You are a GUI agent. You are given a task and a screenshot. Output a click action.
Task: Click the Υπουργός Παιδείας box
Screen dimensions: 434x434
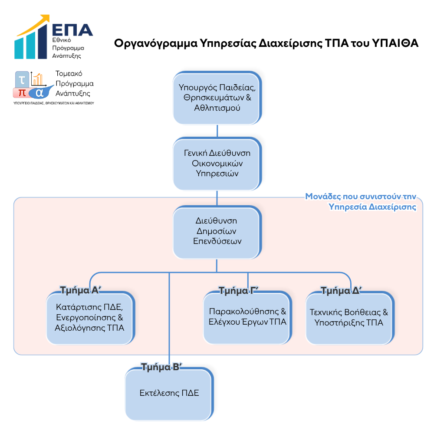(217, 98)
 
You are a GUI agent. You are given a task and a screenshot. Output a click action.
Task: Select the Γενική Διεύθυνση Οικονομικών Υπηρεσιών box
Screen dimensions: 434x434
(217, 164)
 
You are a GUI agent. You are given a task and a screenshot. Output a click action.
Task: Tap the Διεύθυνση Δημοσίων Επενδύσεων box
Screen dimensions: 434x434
(217, 232)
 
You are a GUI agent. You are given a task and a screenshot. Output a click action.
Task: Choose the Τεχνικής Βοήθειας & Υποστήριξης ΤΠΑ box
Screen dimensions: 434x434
(350, 318)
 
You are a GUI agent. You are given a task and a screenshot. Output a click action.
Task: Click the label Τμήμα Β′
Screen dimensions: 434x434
(161, 367)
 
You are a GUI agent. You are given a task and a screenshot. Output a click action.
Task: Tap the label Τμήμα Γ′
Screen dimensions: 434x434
(238, 291)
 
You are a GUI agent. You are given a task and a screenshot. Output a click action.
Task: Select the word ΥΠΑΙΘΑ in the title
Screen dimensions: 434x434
(395, 43)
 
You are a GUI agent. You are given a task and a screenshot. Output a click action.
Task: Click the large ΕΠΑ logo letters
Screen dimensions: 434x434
(72, 30)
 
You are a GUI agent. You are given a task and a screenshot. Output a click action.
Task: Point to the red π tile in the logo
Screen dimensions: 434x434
(22, 93)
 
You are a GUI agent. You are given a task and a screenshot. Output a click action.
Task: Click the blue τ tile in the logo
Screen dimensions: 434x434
(22, 79)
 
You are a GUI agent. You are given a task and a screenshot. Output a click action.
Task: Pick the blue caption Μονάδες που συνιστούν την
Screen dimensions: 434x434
(360, 196)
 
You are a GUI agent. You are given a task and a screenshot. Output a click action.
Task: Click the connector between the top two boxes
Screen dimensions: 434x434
(217, 131)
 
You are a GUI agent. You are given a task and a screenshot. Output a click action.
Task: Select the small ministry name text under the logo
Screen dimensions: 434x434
(54, 103)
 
